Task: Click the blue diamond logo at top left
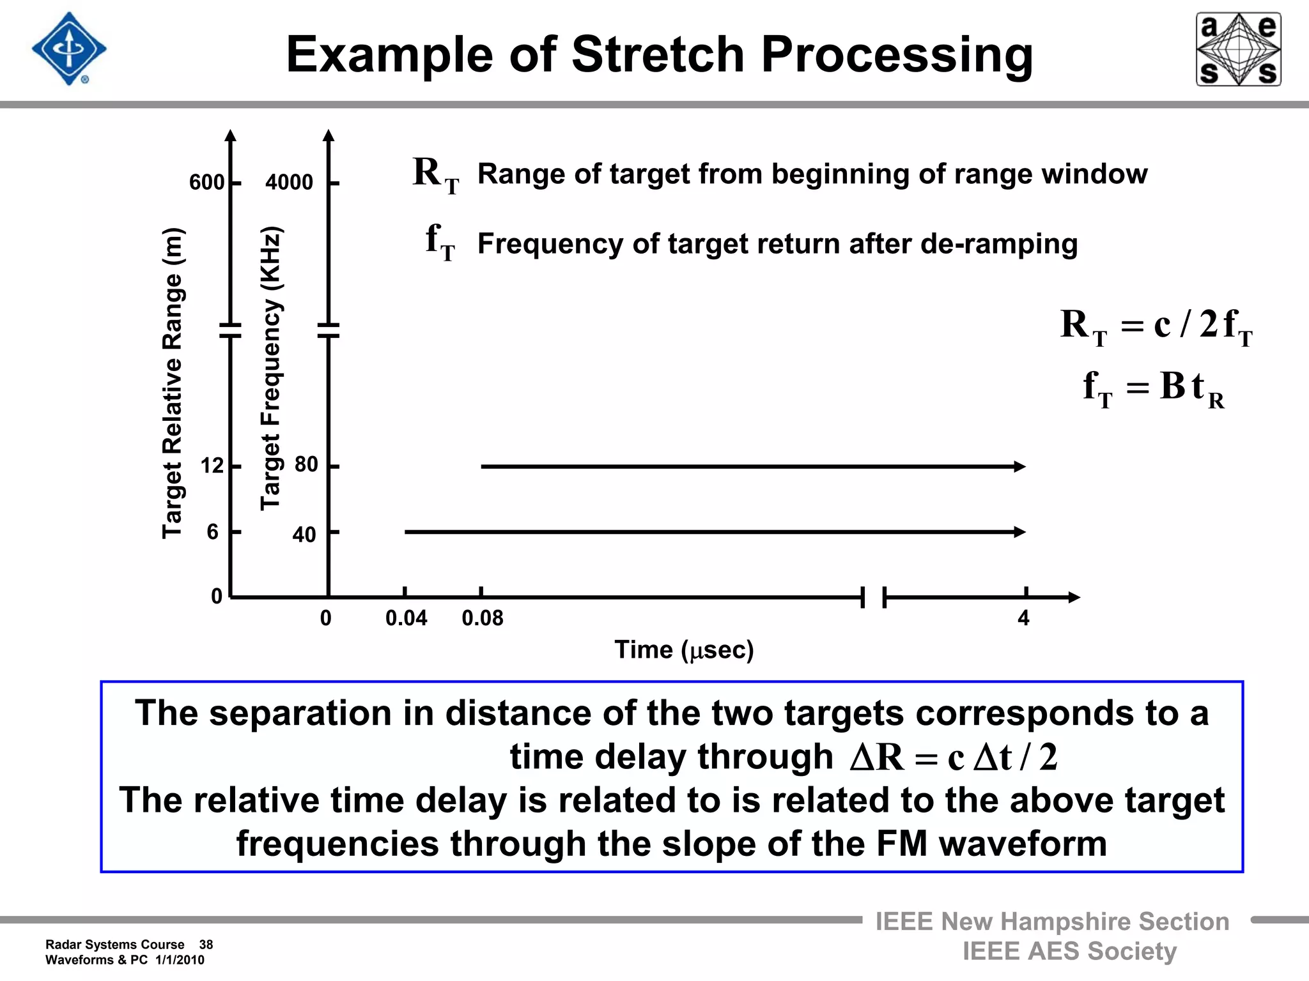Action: pos(69,49)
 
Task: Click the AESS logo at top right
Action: pos(1238,49)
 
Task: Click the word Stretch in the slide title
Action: pos(658,54)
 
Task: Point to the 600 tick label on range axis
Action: pos(206,183)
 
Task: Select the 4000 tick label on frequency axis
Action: pos(289,183)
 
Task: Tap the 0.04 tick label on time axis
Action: pos(406,618)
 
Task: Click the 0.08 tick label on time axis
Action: pos(483,618)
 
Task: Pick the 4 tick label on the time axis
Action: pos(1023,618)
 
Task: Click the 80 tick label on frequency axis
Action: pos(306,464)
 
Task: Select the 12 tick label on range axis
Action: pos(212,466)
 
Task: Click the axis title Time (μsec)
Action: pos(684,650)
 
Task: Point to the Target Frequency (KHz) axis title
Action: pos(270,369)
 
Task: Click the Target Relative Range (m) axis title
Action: pos(173,383)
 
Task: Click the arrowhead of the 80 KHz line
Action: pos(1020,467)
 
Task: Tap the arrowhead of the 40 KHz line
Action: pos(1020,531)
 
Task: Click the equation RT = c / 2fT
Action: pos(1156,326)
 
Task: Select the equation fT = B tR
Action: pos(1153,388)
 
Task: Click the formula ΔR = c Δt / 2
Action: pos(954,758)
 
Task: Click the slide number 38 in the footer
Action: pos(206,945)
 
